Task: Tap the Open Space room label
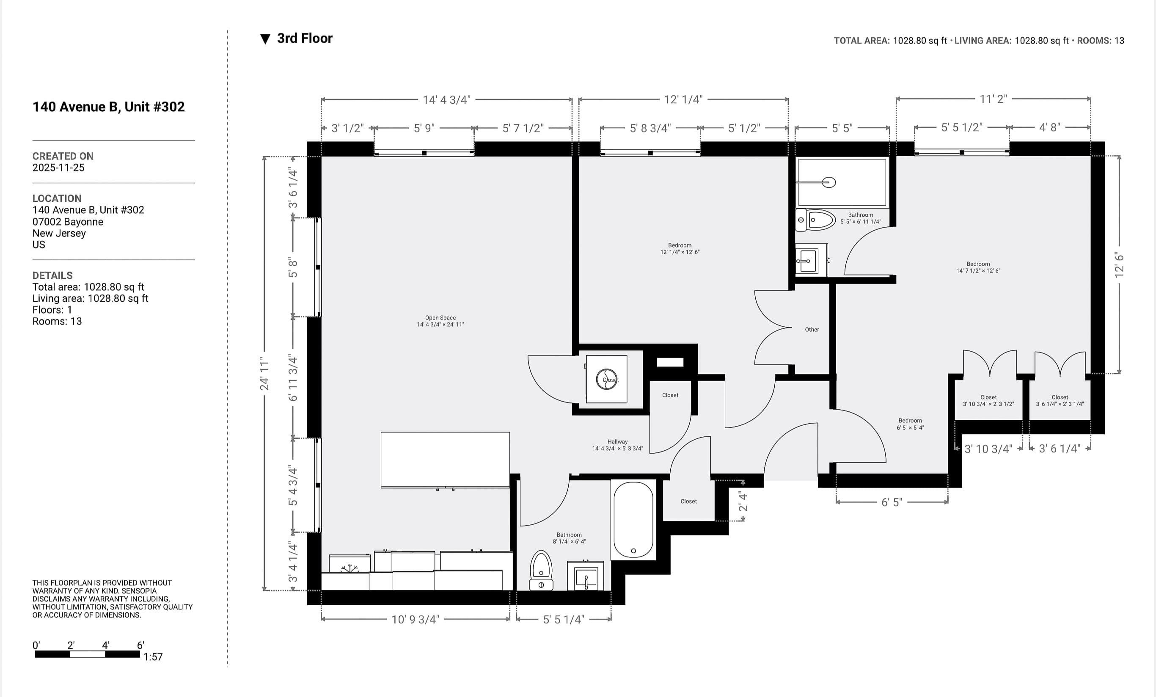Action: click(x=440, y=321)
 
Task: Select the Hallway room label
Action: click(x=617, y=445)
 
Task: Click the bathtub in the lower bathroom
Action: click(x=633, y=520)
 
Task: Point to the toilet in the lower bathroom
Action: click(x=541, y=570)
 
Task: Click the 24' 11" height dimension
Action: click(x=264, y=373)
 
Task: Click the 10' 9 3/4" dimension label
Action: click(x=415, y=620)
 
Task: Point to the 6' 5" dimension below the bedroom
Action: click(x=892, y=502)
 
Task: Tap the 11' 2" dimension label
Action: click(x=993, y=99)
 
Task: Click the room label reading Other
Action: click(x=812, y=330)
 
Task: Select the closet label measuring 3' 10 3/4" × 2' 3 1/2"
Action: click(x=988, y=400)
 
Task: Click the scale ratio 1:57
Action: click(x=153, y=657)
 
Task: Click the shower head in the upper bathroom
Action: click(x=828, y=182)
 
